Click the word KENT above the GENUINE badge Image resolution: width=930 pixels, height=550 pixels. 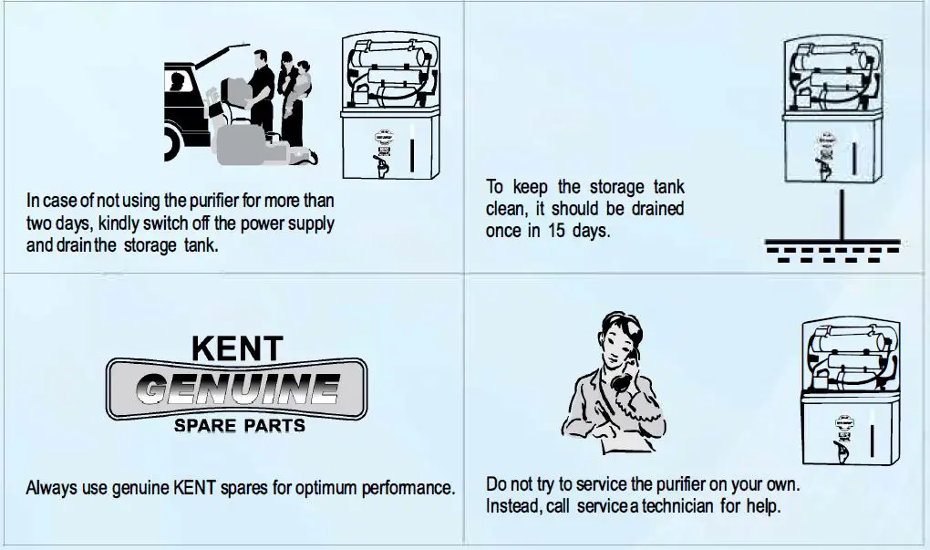[x=236, y=347]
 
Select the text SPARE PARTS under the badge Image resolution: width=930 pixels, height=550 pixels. [x=239, y=426]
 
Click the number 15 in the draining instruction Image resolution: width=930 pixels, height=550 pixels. [x=558, y=231]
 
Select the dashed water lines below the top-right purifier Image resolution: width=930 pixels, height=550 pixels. [x=831, y=248]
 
